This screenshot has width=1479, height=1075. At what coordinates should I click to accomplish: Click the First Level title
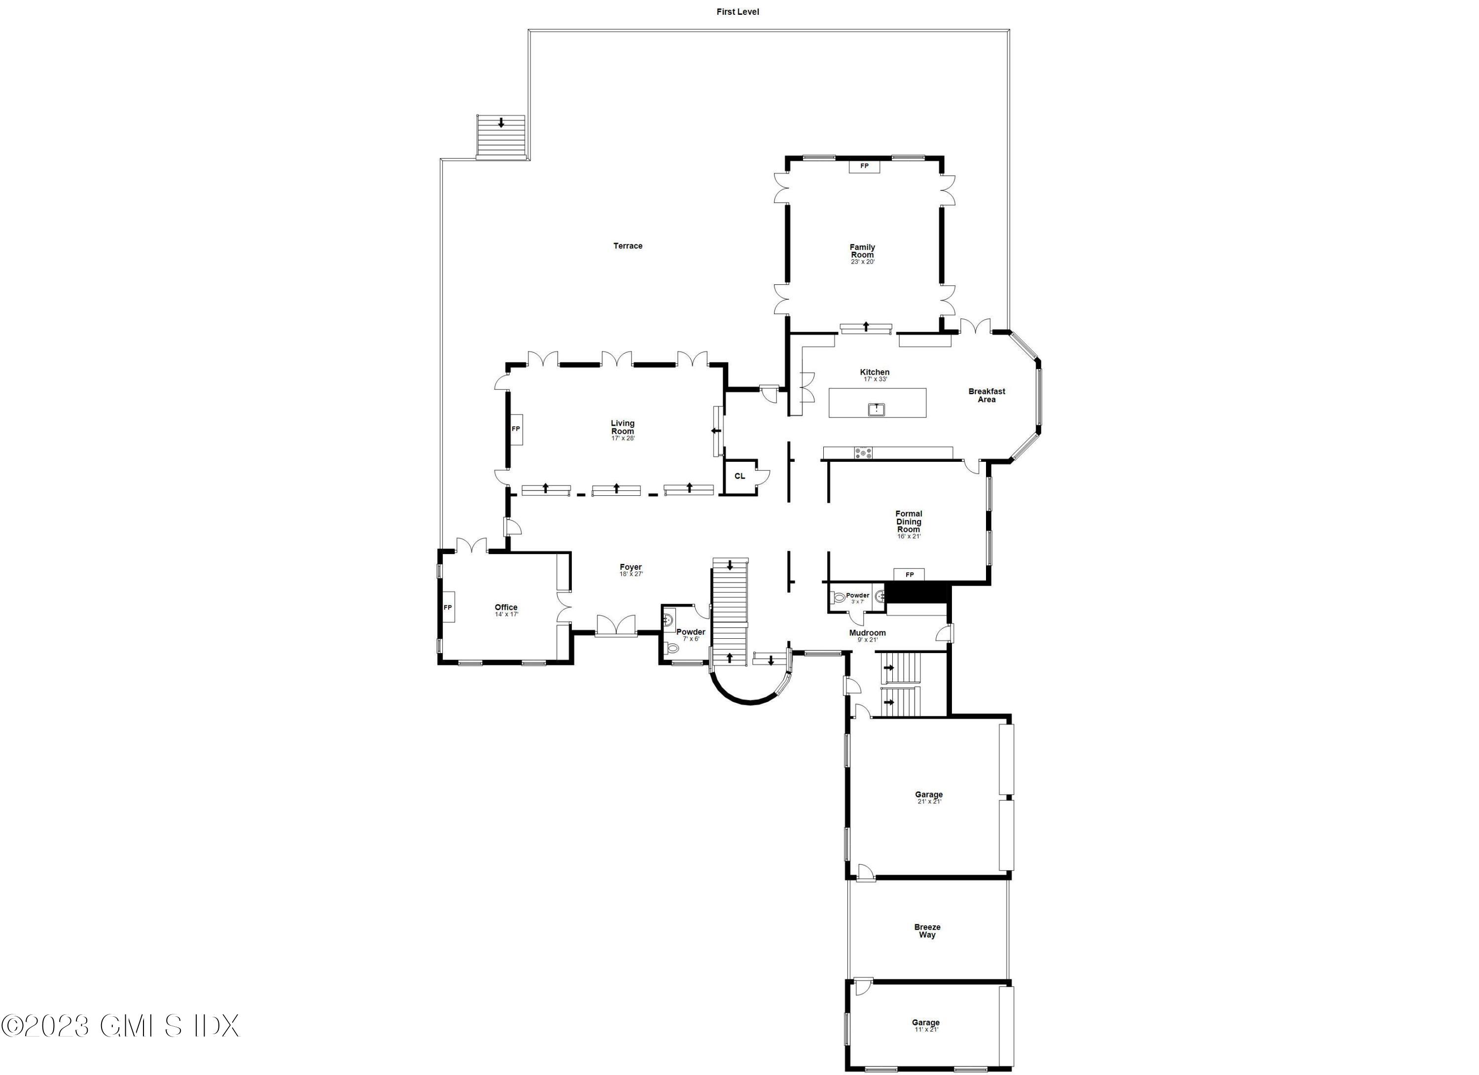click(738, 12)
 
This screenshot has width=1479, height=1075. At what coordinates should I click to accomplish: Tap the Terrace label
click(627, 246)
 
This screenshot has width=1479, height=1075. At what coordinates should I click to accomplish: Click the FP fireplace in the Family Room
click(864, 166)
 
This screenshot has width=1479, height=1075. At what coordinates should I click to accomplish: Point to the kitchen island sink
click(877, 410)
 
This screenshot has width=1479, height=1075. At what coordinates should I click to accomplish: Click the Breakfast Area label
click(986, 395)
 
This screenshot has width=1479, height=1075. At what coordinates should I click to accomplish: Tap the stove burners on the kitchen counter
click(863, 453)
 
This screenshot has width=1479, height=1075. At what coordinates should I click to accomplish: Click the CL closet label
click(739, 476)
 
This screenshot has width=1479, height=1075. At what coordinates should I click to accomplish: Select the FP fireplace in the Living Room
click(516, 428)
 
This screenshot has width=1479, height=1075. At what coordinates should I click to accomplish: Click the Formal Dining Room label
click(909, 521)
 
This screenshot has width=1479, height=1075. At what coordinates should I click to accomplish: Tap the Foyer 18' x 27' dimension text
click(631, 574)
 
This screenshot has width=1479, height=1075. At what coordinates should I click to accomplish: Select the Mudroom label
click(867, 632)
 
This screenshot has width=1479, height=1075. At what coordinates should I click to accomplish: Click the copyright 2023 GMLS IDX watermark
click(121, 1025)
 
